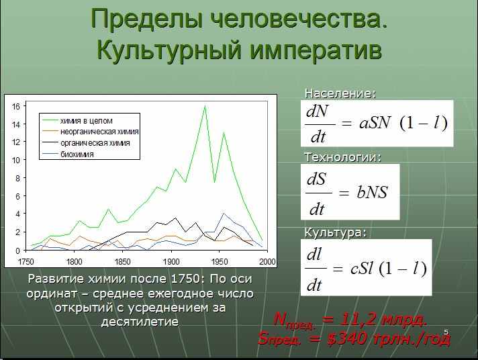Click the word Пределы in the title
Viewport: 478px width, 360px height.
(x=147, y=20)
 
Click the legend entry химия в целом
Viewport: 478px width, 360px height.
(x=87, y=121)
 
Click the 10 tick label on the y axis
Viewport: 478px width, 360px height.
(x=15, y=160)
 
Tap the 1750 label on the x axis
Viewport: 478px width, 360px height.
(x=26, y=261)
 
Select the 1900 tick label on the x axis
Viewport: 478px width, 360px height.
(x=171, y=261)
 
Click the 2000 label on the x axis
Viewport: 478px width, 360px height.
(x=267, y=261)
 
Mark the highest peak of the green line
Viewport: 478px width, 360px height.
(x=205, y=106)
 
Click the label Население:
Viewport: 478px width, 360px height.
(x=340, y=93)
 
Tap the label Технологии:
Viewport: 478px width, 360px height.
(x=343, y=157)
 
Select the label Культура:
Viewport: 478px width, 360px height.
(x=335, y=232)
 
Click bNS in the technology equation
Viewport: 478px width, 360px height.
(x=372, y=192)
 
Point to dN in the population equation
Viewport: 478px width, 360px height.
(x=317, y=111)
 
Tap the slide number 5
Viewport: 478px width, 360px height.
(x=446, y=332)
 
